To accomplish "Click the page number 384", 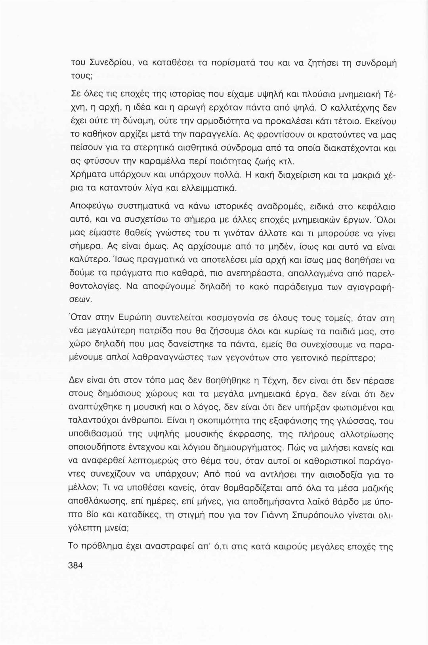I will (x=75, y=566).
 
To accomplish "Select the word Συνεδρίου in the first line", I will (x=106, y=62).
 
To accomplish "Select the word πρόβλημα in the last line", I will (x=105, y=545).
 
